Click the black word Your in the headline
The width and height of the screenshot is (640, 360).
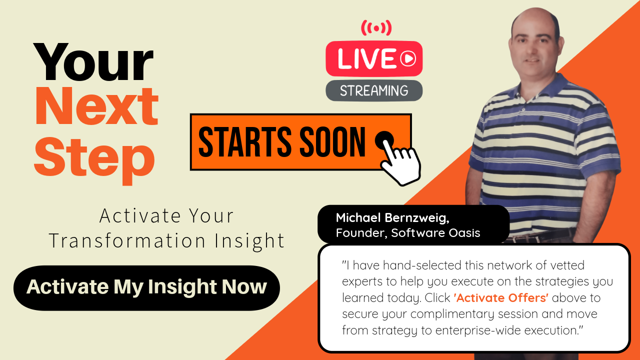point(93,62)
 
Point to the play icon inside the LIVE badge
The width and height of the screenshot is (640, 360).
point(408,59)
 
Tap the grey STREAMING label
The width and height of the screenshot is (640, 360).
point(374,90)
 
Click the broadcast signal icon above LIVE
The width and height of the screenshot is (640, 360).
point(376,28)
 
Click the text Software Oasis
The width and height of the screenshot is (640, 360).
point(436,232)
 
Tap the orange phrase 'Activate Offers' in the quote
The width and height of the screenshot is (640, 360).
point(501,298)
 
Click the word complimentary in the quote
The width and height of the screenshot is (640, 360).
point(460,314)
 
